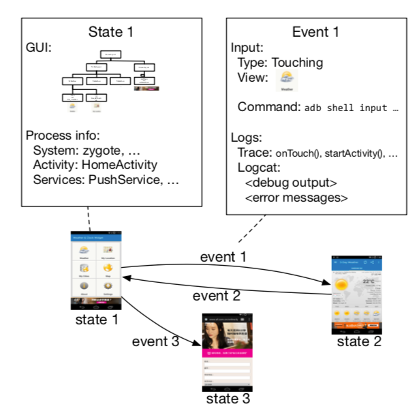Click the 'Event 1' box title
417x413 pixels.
[x=317, y=32]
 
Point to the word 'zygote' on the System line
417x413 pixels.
[x=93, y=151]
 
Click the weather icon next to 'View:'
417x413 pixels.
[x=287, y=80]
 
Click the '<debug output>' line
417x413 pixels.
[x=290, y=183]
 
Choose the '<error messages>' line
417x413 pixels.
[x=296, y=198]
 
